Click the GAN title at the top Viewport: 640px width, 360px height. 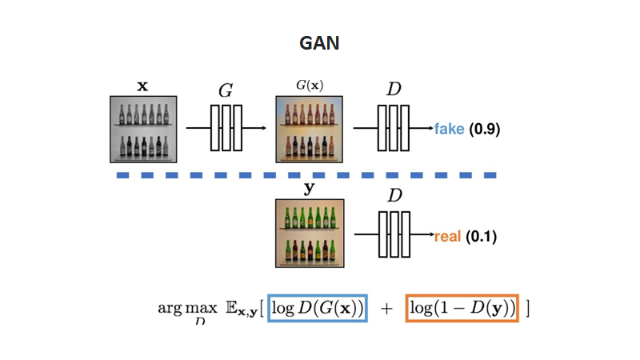coord(319,43)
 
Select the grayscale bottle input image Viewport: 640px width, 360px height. coord(143,129)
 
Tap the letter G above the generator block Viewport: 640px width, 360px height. coord(226,90)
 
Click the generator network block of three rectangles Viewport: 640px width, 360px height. coord(226,127)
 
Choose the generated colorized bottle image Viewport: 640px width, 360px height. coord(310,129)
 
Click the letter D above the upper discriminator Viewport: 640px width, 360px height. coord(394,90)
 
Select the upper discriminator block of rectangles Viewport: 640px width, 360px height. coord(394,127)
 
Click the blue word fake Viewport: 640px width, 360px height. coord(449,129)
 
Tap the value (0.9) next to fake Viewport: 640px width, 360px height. coord(484,129)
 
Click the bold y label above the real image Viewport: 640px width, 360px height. coord(310,190)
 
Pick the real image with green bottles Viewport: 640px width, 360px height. coord(310,234)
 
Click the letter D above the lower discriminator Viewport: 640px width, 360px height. coord(394,196)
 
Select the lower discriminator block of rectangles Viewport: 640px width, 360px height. coord(394,234)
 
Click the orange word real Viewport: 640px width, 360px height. coord(447,236)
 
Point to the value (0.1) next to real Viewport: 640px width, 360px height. coord(482,236)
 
